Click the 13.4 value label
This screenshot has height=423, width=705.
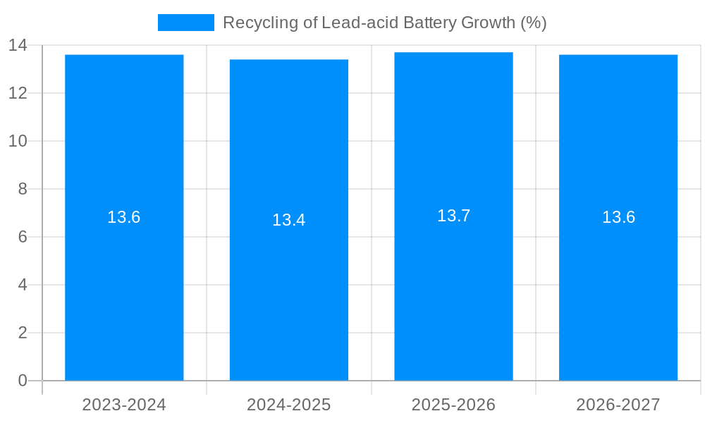289,220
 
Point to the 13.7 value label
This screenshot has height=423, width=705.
453,216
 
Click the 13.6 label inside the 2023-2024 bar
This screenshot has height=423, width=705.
124,217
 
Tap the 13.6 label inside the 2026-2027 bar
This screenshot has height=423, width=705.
618,217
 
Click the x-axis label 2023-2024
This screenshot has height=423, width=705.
124,405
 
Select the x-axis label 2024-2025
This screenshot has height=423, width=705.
289,405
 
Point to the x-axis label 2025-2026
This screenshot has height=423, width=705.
453,405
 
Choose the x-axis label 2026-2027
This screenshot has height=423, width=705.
618,405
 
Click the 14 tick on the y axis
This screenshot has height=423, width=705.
18,46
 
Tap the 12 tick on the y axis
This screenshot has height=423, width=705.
18,93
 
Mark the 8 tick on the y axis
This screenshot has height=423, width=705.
22,189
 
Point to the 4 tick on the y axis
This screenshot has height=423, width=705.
22,285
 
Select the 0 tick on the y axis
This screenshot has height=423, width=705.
22,381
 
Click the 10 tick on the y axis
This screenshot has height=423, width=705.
18,141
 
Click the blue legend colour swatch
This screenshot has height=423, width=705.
185,23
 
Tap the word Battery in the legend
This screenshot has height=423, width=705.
429,23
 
